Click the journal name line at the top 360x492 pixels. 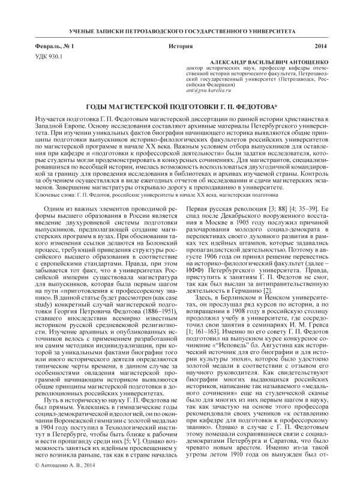click(180, 29)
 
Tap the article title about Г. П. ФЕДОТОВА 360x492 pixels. click(179, 106)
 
